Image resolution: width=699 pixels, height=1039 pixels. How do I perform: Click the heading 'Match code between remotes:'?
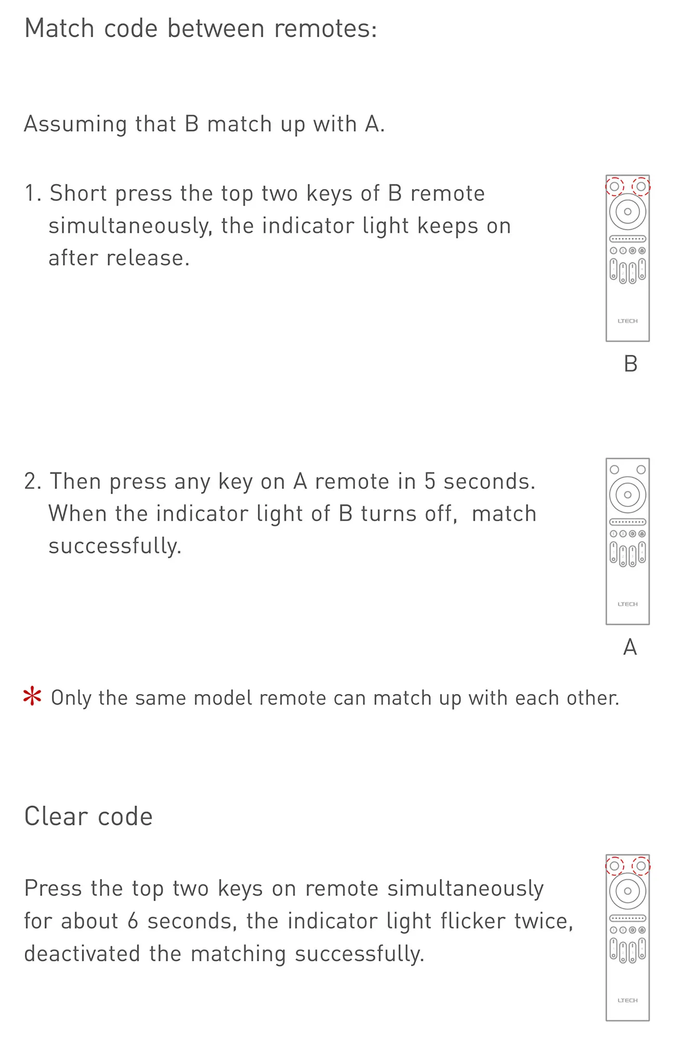(x=201, y=29)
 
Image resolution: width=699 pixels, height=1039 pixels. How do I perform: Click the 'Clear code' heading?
(x=88, y=816)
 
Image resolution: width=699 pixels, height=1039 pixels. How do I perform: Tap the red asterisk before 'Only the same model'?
(x=32, y=696)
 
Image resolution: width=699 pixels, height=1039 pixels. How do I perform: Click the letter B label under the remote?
(x=630, y=364)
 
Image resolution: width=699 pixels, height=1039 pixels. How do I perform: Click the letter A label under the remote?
(x=630, y=647)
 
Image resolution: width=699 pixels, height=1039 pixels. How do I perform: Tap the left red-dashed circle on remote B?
(x=614, y=187)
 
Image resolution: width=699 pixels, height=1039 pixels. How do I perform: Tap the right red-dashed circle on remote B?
(x=641, y=187)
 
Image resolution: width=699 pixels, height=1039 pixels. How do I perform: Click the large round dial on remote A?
(x=628, y=495)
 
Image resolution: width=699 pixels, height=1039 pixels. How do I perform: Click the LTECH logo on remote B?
(x=628, y=321)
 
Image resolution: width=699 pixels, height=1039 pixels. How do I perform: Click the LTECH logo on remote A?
(x=628, y=604)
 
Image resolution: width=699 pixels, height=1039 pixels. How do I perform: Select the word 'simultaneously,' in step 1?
(x=130, y=227)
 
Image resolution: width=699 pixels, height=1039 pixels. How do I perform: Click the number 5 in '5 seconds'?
(x=430, y=482)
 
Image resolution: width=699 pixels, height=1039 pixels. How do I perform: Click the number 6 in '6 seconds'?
(x=133, y=922)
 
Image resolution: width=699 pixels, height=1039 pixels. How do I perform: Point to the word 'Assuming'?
(x=75, y=125)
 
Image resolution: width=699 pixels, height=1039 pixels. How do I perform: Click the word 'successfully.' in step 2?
(x=115, y=547)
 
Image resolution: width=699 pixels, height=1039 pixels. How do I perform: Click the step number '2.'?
(x=33, y=482)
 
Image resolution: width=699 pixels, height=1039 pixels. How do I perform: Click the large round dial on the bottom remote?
(x=628, y=891)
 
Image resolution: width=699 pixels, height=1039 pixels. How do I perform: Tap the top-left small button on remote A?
(x=614, y=470)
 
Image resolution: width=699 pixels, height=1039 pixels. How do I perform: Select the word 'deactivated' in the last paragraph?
(x=82, y=954)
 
